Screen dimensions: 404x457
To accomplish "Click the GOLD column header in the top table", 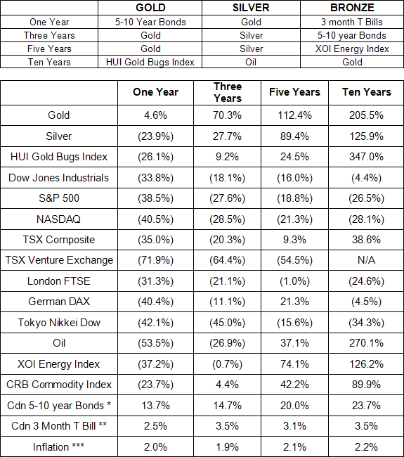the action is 150,8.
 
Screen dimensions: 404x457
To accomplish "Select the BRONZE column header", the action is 352,8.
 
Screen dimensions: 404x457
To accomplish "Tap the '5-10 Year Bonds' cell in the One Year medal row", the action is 150,22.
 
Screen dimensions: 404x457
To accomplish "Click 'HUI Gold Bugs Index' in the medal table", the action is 150,62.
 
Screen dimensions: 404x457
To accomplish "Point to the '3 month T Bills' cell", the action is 352,22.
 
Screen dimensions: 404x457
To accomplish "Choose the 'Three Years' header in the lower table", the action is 228,92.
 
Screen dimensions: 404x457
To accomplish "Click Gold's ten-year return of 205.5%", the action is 366,115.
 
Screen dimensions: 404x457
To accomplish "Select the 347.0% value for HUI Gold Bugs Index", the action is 366,157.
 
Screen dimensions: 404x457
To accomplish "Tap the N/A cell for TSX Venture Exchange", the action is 366,260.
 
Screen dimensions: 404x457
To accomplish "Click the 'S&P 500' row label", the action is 59,198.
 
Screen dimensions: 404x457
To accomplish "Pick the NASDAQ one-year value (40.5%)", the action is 155,219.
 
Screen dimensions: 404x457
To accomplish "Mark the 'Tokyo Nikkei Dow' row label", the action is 59,323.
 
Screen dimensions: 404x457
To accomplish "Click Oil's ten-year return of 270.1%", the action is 366,343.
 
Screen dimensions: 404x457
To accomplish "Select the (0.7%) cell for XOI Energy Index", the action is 227,364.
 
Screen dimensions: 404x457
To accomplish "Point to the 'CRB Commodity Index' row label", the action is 59,385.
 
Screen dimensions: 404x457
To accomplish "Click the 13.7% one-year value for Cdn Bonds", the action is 155,406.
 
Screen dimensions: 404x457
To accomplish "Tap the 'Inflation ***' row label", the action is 58,446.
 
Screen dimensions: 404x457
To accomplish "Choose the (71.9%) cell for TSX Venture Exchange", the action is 155,260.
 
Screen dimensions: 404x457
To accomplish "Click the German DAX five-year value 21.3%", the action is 294,302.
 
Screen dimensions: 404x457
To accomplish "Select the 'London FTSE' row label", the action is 59,281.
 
